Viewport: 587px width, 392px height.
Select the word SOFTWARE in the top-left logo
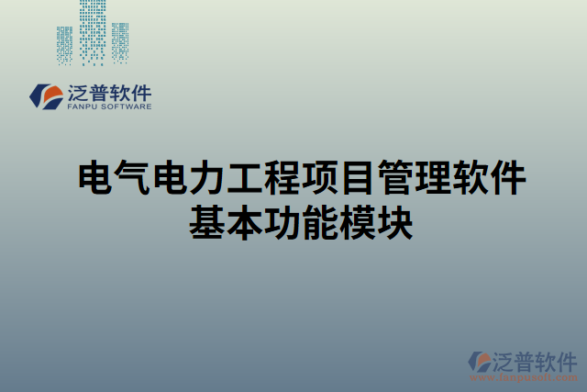tap(127, 106)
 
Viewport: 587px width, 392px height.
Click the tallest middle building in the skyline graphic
tap(93, 31)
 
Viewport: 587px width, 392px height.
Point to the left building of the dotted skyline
tap(64, 44)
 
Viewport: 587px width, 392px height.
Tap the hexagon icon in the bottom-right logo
tap(478, 362)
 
